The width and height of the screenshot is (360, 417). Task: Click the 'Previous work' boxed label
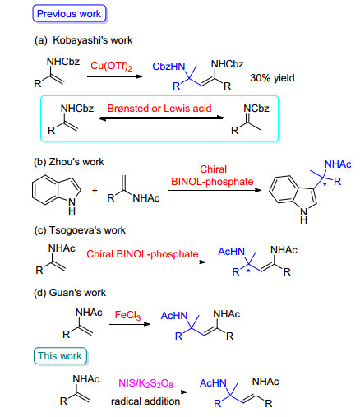point(69,13)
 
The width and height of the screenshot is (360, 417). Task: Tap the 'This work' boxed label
point(60,356)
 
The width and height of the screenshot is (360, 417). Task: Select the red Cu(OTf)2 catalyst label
point(111,66)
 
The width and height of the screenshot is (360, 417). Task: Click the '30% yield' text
point(272,78)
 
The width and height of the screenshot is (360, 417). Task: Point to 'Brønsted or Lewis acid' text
point(159,109)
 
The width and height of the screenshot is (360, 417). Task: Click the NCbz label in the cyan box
point(256,109)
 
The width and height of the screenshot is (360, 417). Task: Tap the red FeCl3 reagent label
point(127,315)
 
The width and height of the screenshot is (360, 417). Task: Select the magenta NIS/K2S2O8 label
point(145,383)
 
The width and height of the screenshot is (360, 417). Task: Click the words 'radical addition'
point(145,401)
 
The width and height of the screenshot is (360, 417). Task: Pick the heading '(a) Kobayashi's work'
point(83,40)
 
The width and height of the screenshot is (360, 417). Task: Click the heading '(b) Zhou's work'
point(69,162)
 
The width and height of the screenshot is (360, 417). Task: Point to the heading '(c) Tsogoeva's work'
point(80,230)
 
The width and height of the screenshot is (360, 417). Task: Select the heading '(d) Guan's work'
point(70,293)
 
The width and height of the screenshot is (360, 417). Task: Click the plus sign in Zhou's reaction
point(95,190)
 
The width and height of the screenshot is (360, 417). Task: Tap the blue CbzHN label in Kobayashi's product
point(168,67)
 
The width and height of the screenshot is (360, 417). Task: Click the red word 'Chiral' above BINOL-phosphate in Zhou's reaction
point(213,169)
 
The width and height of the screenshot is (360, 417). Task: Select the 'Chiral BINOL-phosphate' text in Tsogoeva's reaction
point(142,254)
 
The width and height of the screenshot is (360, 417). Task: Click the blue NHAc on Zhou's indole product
point(338,164)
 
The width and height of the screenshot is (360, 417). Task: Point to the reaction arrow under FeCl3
point(130,324)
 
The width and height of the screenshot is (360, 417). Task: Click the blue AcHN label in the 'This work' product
point(213,383)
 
